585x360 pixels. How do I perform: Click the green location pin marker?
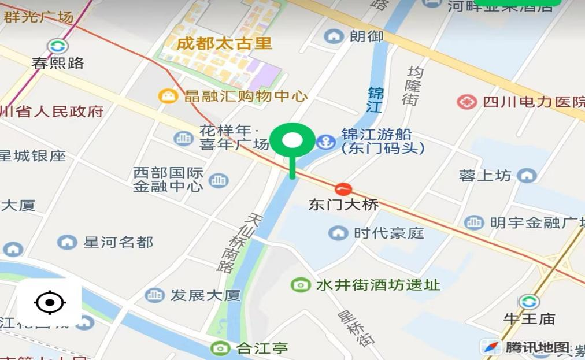click(x=293, y=142)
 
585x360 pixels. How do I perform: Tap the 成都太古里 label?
click(x=224, y=44)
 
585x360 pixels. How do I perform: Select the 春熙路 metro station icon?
click(x=57, y=47)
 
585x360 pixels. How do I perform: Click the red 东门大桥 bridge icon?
click(x=343, y=188)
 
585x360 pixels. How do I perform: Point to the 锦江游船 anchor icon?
click(x=326, y=142)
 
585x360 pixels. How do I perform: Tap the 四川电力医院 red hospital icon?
click(x=466, y=102)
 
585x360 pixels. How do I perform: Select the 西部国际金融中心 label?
click(x=168, y=179)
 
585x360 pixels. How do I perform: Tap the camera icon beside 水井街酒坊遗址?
click(x=300, y=284)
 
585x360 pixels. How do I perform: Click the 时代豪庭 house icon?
click(x=338, y=233)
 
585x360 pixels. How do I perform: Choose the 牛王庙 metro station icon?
click(x=528, y=301)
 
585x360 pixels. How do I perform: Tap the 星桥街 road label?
click(x=351, y=327)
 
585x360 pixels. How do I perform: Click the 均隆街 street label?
click(x=412, y=86)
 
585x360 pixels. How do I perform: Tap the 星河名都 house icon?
click(x=67, y=242)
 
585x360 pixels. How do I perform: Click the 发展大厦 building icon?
click(x=154, y=295)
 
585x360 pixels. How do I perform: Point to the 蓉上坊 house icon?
click(x=527, y=176)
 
